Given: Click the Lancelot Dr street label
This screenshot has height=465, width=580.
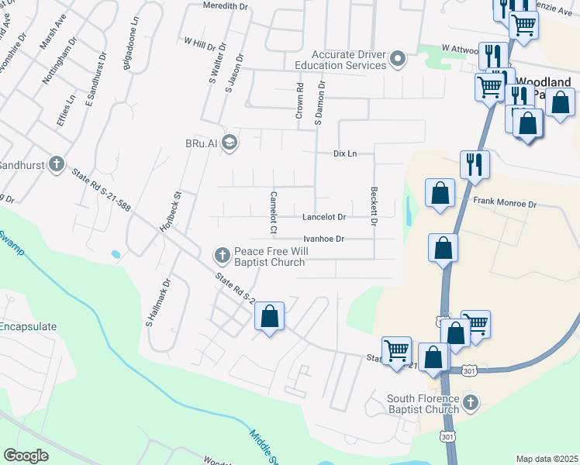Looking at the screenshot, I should (323, 217).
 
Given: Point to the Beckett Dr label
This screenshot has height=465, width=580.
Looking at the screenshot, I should (373, 206).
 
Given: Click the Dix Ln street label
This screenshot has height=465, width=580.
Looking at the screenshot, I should (344, 153).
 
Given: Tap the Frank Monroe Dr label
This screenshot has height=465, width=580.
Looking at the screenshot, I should (505, 204).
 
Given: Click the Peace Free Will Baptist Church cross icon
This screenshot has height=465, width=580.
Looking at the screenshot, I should (222, 254).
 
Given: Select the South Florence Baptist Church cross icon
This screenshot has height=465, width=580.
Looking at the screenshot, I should (471, 401).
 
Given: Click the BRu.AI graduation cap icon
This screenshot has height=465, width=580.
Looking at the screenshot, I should (229, 142).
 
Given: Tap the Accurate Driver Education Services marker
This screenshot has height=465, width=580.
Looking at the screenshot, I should (398, 59).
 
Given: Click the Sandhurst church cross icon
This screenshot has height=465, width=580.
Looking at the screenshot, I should (55, 164).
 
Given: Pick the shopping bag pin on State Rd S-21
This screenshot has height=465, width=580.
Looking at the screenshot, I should (269, 316).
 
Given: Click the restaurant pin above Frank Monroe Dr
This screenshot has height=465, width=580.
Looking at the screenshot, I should (473, 164).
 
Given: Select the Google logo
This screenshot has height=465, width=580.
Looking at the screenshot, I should (26, 456).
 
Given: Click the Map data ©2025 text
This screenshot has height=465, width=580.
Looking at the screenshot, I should (547, 459).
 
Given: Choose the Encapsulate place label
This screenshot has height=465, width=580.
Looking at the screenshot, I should (28, 326).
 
